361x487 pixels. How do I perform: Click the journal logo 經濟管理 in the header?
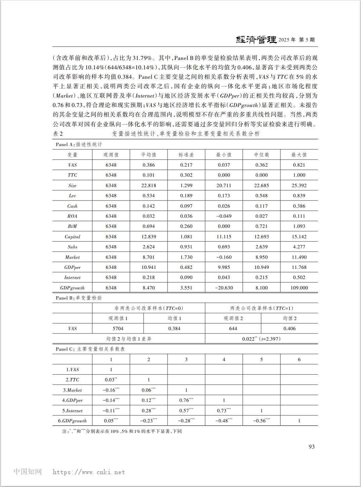256,40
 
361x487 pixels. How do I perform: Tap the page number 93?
312,447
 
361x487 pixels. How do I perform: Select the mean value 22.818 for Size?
149,185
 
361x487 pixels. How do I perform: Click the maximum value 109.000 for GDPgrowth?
299,288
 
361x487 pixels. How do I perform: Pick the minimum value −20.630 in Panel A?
224,288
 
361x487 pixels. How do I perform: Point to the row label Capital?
72,237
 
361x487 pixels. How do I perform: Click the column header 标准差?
186,155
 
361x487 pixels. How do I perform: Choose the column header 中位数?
261,155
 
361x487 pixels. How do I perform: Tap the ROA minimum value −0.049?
224,216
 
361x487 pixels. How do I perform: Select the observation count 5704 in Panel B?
118,328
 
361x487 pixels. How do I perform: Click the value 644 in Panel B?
233,328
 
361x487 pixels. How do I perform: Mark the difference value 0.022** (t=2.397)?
261,339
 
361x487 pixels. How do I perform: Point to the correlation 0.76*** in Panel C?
186,400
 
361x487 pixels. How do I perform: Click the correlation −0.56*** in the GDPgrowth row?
261,421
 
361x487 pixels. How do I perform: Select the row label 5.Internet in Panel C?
72,411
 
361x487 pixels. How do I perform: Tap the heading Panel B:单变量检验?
79,298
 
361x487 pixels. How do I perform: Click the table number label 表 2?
58,134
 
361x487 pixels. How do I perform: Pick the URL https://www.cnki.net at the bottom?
89,472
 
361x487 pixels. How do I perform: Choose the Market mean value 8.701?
149,257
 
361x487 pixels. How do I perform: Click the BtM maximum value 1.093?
299,226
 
